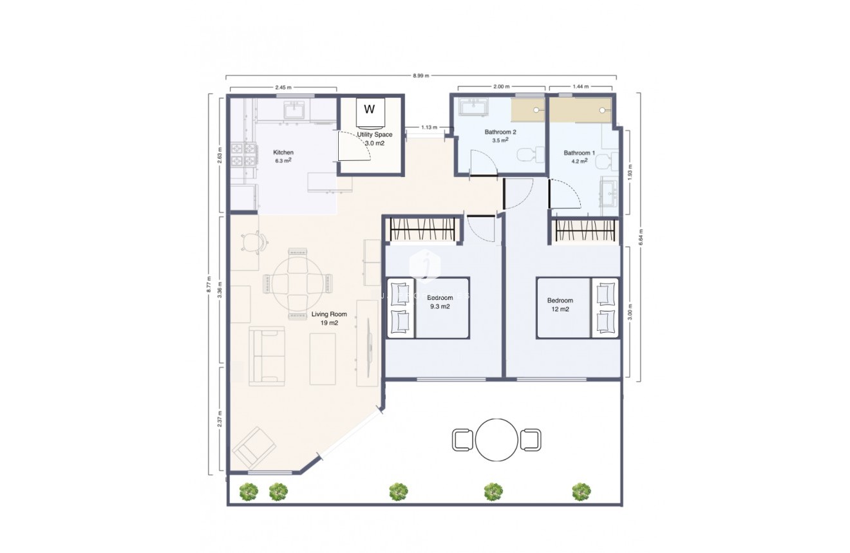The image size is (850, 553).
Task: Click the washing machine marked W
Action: [x=370, y=109]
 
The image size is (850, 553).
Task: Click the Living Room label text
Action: [x=329, y=318]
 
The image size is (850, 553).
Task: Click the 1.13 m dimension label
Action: [x=429, y=127]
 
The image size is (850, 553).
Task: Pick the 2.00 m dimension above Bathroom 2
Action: [x=502, y=87]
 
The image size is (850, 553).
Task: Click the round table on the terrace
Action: [x=496, y=440]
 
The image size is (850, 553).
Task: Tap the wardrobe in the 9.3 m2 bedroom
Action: [x=423, y=230]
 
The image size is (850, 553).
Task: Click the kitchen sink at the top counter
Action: [x=297, y=110]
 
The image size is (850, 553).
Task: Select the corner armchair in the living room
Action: [x=254, y=447]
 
